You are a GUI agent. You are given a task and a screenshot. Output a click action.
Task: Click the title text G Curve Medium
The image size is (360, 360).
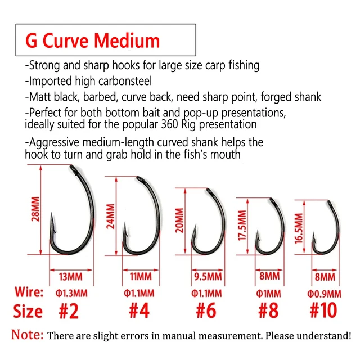point(92,40)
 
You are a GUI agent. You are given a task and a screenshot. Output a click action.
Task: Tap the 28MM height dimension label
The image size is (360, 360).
point(35,209)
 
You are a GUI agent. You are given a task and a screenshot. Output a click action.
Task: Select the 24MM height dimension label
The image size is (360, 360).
point(110,216)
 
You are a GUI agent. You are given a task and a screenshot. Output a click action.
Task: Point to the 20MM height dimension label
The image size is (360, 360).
point(179,220)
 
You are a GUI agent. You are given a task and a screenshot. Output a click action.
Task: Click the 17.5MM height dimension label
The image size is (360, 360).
point(242,226)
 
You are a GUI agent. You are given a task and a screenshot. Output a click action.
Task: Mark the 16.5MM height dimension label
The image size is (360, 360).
point(299,228)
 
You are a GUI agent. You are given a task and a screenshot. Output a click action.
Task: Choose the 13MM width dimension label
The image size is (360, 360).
point(70,277)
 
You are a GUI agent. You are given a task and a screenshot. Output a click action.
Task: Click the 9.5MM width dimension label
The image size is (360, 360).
point(208,277)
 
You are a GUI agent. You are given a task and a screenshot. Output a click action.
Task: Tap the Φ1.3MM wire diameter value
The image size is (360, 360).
point(71,294)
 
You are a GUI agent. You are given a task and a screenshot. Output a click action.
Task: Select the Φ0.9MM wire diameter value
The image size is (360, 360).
point(324,294)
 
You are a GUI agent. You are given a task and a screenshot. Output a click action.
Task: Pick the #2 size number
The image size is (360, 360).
point(69,311)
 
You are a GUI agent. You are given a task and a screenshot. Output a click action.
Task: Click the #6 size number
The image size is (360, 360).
point(206,310)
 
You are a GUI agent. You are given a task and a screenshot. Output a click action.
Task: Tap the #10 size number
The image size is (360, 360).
point(323,310)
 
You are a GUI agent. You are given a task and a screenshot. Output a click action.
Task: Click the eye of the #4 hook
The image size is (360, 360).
point(139,178)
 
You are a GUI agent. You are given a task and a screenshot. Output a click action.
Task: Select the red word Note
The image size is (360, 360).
point(28,335)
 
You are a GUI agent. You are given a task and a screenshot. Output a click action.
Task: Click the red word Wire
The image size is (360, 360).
point(29,292)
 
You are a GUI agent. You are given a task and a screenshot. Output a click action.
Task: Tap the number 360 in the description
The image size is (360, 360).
point(169,124)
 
